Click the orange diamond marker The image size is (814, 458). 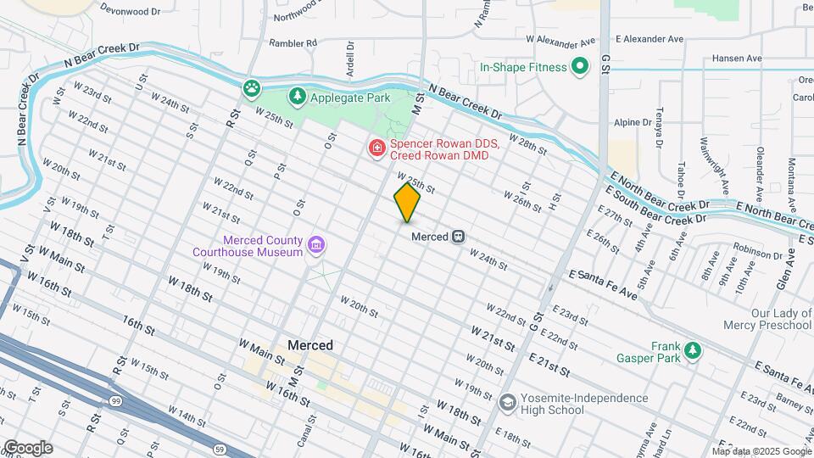[407, 203]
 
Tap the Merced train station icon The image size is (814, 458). [458, 237]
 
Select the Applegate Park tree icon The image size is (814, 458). [297, 97]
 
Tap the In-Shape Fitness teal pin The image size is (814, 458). [580, 66]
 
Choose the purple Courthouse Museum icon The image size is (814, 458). [316, 246]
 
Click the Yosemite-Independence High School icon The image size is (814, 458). [507, 400]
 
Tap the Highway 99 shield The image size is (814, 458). [114, 399]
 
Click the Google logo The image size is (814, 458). [28, 448]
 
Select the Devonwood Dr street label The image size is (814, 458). [130, 11]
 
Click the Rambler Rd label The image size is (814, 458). [293, 42]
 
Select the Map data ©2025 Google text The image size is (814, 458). [761, 451]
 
